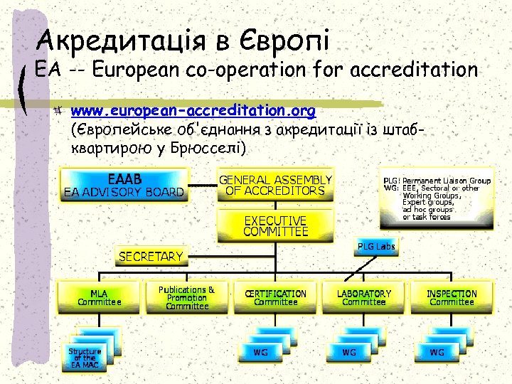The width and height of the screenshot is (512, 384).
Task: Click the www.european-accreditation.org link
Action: [193, 112]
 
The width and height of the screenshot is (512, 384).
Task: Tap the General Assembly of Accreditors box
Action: [275, 185]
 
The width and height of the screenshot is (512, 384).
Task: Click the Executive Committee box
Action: [275, 225]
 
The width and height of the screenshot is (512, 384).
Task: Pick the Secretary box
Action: [150, 255]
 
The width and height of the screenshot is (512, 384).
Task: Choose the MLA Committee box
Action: [99, 297]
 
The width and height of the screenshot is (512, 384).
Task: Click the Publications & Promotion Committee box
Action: [187, 298]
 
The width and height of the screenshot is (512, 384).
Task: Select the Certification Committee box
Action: [275, 297]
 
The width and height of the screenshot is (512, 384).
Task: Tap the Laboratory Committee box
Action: [363, 297]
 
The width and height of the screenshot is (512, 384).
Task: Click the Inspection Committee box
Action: [452, 297]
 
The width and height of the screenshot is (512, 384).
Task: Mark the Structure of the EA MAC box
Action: [85, 356]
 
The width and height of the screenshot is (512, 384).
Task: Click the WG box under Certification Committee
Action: [261, 352]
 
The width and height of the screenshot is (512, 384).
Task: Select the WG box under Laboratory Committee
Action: [349, 352]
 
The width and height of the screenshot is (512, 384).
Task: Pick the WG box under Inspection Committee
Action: [437, 352]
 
